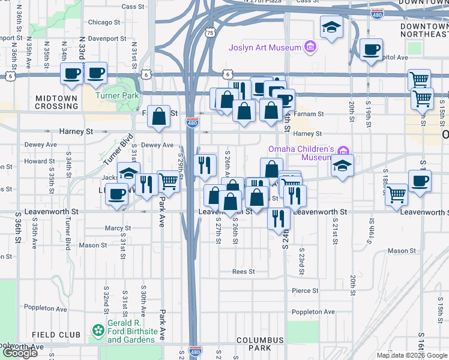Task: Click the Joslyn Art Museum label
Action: (x=264, y=47)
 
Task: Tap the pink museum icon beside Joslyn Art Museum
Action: (x=310, y=46)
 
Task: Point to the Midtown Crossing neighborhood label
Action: (x=56, y=102)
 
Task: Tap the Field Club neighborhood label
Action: (x=56, y=335)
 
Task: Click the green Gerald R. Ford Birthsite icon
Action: (x=97, y=330)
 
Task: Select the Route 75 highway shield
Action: (x=209, y=33)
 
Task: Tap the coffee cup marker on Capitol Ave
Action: (x=371, y=49)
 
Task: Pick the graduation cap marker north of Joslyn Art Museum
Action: (x=331, y=27)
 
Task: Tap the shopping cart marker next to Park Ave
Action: (x=169, y=181)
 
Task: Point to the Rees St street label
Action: (x=244, y=272)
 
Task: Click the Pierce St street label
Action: (x=304, y=291)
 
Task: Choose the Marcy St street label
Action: (x=114, y=228)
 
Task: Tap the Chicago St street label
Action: (x=104, y=22)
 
